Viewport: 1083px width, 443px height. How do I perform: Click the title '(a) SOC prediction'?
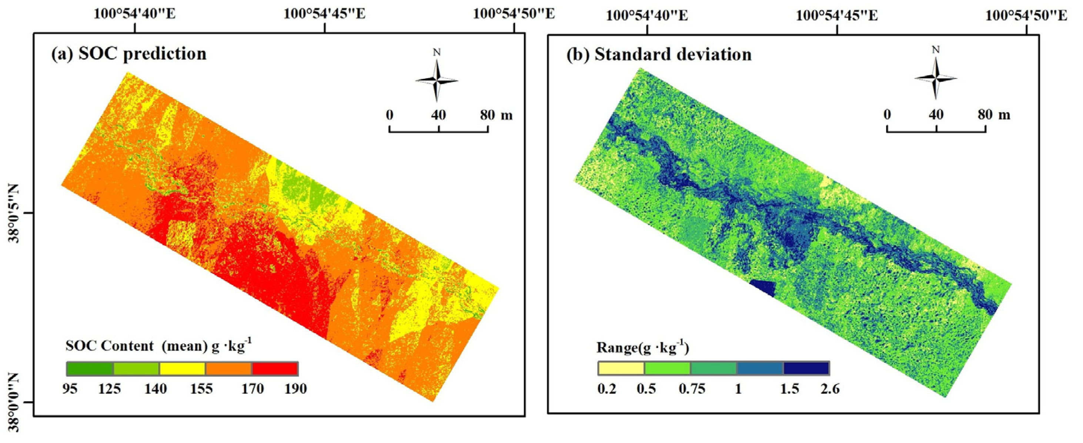click(128, 54)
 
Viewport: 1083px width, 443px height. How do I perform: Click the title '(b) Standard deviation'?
click(659, 55)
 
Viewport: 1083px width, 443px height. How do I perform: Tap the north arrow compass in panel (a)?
click(437, 80)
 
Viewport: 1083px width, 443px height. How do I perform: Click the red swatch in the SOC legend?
click(275, 369)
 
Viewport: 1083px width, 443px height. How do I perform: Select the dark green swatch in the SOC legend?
click(90, 369)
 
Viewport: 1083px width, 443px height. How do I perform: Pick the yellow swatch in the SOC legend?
click(182, 369)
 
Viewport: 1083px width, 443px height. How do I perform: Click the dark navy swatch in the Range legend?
click(806, 368)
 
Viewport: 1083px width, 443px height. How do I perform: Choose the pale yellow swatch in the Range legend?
click(621, 368)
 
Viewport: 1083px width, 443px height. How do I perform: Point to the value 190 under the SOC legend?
click(295, 389)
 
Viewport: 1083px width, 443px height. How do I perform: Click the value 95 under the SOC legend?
click(70, 389)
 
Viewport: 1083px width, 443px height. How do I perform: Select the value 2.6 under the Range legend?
click(829, 389)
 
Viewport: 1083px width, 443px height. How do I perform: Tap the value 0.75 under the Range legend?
click(692, 389)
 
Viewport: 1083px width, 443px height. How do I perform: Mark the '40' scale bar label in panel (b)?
click(936, 114)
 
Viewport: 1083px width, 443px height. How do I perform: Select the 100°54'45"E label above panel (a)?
click(325, 14)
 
